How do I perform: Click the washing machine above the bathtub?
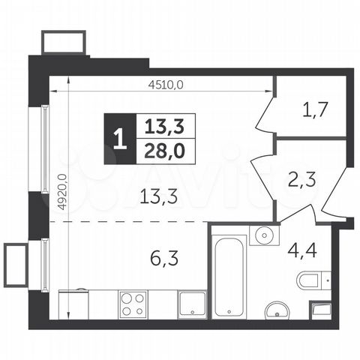(x=264, y=234)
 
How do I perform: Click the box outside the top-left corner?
(x=64, y=41)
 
